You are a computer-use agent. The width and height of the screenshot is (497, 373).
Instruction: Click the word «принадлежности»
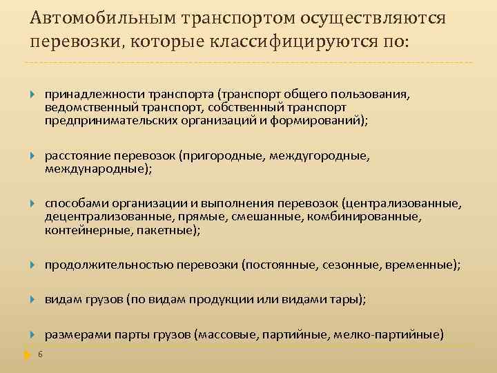pyautogui.click(x=85, y=94)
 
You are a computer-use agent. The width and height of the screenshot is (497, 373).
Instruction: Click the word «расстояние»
pyautogui.click(x=75, y=156)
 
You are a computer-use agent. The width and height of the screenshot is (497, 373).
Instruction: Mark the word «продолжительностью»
pyautogui.click(x=109, y=265)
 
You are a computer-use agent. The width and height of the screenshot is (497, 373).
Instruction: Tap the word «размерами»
pyautogui.click(x=77, y=335)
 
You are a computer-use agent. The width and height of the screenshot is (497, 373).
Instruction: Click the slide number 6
pyautogui.click(x=41, y=355)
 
